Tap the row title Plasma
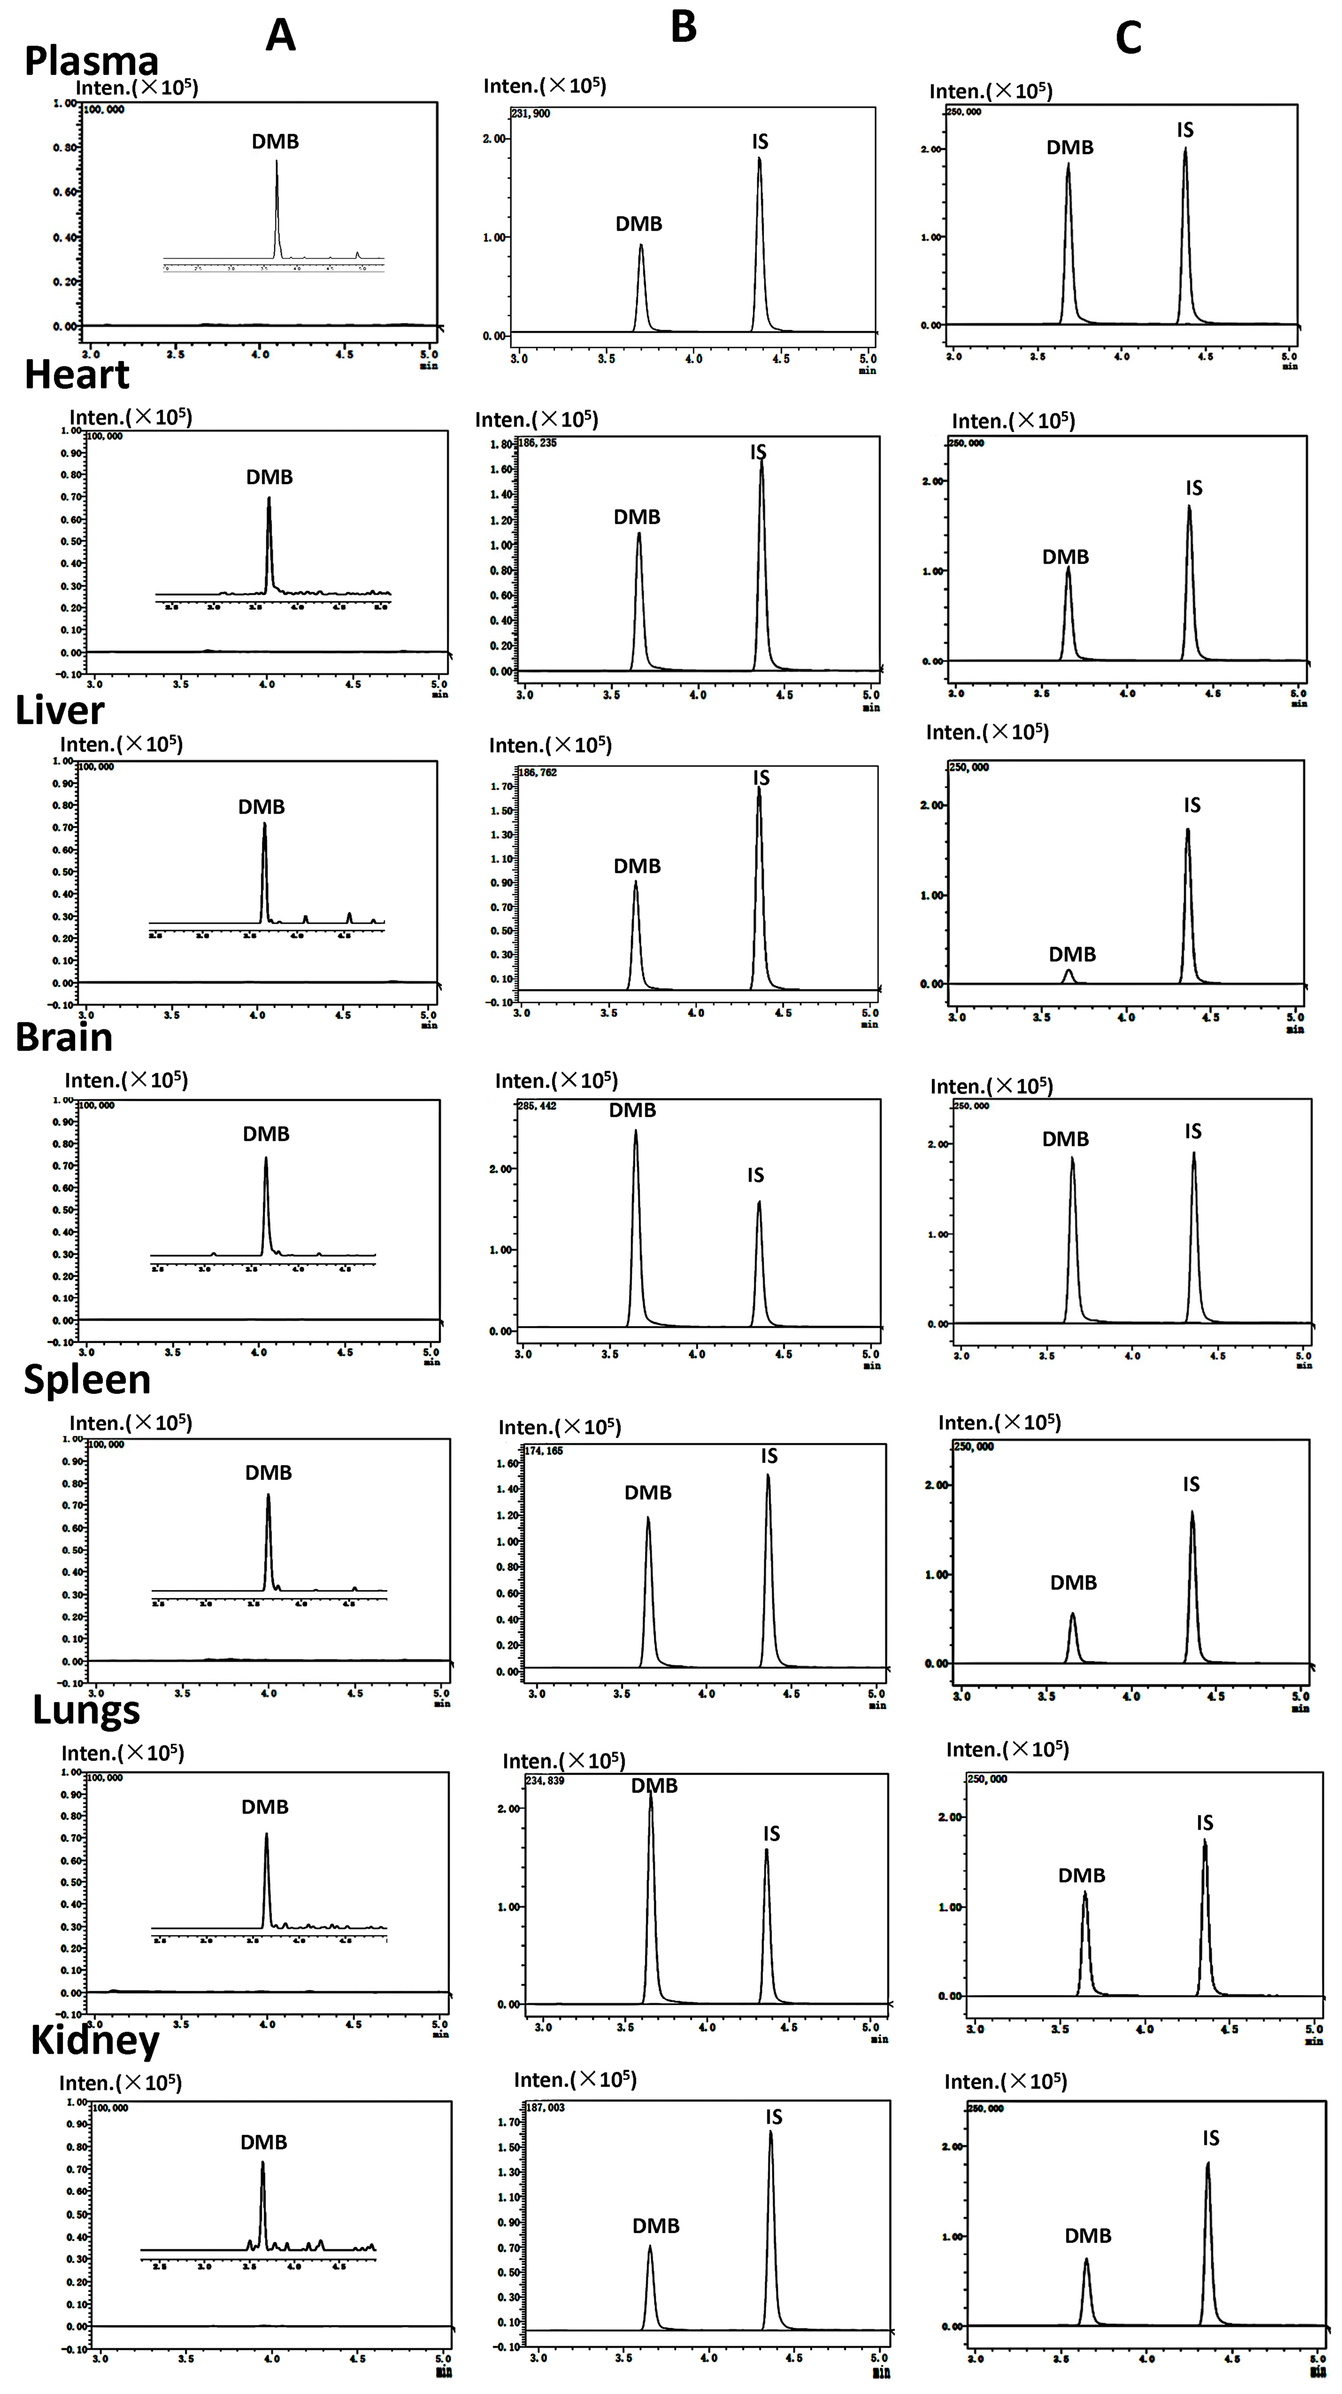(x=91, y=61)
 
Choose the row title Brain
(x=63, y=1037)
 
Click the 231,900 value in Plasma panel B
(x=530, y=113)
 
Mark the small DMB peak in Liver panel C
(x=1069, y=975)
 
